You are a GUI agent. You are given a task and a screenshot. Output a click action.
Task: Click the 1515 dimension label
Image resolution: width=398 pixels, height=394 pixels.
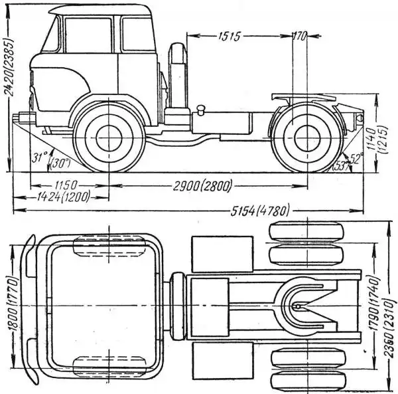pyautogui.click(x=228, y=35)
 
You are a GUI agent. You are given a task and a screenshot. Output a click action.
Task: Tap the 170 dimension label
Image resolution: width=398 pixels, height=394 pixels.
pyautogui.click(x=298, y=35)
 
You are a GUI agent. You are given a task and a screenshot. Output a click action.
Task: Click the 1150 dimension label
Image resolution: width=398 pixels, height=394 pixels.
pyautogui.click(x=66, y=183)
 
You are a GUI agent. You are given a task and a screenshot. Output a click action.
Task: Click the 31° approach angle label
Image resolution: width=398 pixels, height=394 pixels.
pyautogui.click(x=40, y=157)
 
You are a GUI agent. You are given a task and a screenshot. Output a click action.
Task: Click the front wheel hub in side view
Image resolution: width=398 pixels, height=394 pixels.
pyautogui.click(x=108, y=138)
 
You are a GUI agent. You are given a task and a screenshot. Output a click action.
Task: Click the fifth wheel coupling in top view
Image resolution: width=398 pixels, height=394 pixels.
pyautogui.click(x=302, y=304)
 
